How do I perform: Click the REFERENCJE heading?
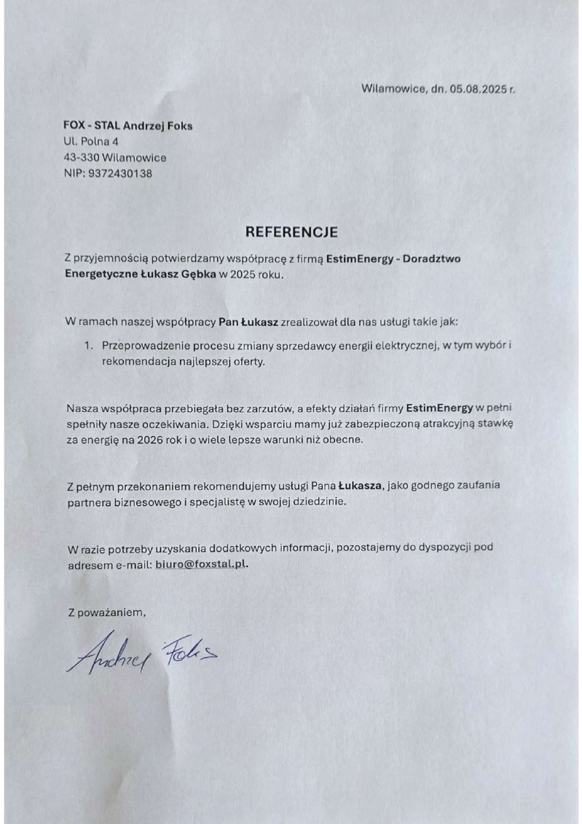[291, 232]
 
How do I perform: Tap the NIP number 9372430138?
[119, 173]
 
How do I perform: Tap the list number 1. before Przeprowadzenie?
[88, 344]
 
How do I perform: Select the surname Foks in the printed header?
[178, 125]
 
